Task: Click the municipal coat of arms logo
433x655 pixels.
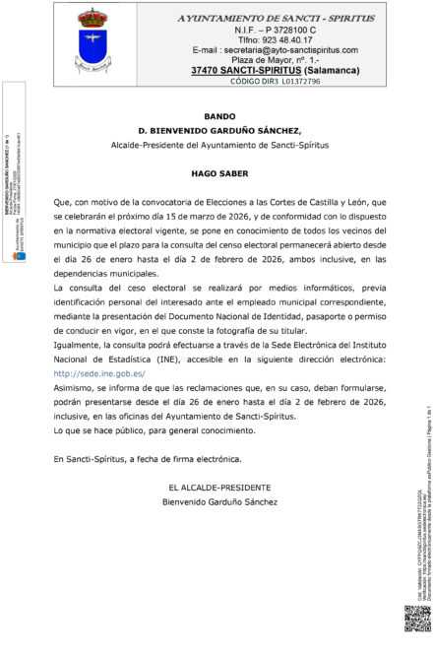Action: (x=93, y=39)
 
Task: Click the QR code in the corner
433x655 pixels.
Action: (x=417, y=620)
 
